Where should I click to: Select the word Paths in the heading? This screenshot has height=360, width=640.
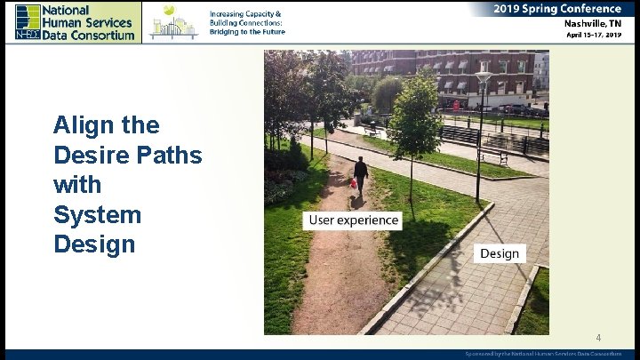tap(168, 156)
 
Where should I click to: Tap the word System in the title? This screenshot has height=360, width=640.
tap(97, 214)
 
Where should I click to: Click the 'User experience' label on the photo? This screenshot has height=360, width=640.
tap(353, 220)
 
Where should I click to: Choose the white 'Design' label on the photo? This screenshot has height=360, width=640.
tap(499, 253)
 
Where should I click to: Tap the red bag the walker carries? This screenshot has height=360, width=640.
tap(354, 183)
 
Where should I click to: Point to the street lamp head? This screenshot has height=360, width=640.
tap(483, 77)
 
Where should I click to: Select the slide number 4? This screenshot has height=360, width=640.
tap(598, 338)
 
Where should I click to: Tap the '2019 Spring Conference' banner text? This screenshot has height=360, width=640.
tap(557, 9)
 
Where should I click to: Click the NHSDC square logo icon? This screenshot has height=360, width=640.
tap(28, 21)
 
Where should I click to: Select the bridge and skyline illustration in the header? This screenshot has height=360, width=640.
tap(173, 21)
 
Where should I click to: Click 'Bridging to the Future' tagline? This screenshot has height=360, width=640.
tap(247, 31)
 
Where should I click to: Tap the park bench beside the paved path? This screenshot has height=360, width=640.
tap(493, 156)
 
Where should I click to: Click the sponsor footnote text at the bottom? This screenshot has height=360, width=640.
tap(543, 354)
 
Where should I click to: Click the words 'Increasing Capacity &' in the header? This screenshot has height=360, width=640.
tap(245, 14)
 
